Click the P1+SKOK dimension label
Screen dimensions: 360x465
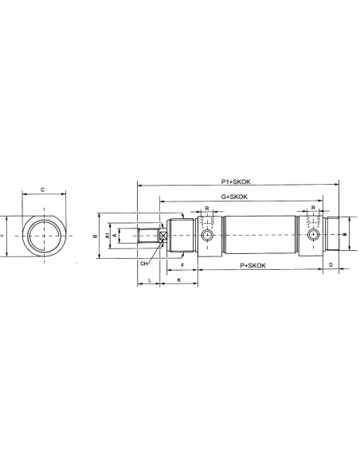(236, 182)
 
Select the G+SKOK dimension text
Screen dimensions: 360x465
(234, 197)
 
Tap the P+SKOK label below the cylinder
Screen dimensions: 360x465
(252, 265)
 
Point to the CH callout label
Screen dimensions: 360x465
(144, 264)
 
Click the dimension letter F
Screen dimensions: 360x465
(182, 265)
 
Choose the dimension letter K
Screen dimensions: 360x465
(179, 279)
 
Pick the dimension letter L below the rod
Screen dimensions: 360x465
(150, 280)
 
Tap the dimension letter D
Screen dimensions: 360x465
(331, 265)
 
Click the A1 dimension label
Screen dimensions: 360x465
(108, 236)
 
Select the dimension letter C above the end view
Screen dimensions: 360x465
(43, 190)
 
